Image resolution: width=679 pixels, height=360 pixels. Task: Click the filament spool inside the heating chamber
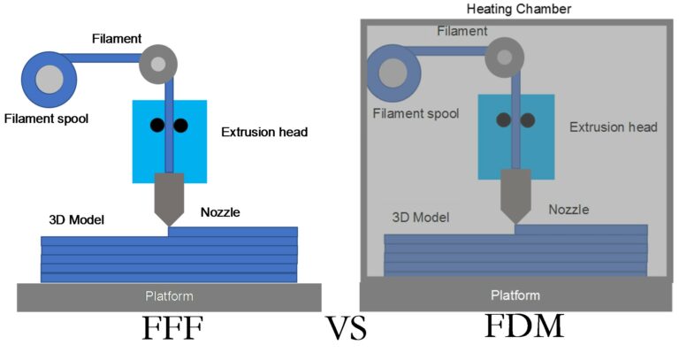tap(393, 74)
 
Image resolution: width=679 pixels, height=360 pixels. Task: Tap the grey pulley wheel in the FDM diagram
tap(503, 57)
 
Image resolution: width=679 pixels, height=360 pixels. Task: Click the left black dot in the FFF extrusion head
tap(156, 125)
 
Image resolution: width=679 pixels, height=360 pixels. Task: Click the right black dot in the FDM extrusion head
tap(528, 119)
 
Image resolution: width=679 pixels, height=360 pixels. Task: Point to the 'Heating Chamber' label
tap(518, 9)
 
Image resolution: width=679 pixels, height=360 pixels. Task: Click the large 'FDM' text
tap(523, 327)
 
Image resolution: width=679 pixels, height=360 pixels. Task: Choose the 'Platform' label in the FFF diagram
tap(169, 295)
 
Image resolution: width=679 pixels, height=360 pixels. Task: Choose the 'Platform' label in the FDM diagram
tap(515, 294)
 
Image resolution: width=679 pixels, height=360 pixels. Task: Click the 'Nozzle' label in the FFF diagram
tap(220, 212)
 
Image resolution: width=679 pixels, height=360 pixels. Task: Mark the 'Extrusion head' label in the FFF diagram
tap(264, 133)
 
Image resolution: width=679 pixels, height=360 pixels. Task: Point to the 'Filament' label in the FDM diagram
tap(462, 31)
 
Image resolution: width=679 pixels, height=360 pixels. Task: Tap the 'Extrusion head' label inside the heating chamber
tap(613, 127)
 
